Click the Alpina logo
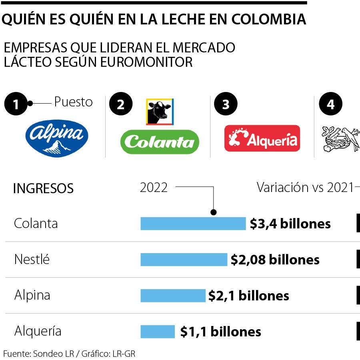pyautogui.click(x=56, y=138)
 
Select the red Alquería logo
pyautogui.click(x=262, y=138)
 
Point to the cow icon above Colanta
pyautogui.click(x=160, y=112)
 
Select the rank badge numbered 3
pyautogui.click(x=226, y=104)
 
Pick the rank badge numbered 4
pyautogui.click(x=330, y=104)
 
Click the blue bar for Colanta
pyautogui.click(x=193, y=224)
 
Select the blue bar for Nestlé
pyautogui.click(x=183, y=260)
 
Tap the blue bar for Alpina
pyautogui.click(x=172, y=296)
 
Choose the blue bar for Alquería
pyautogui.click(x=157, y=332)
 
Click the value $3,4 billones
pyautogui.click(x=290, y=224)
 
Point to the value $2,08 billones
pyautogui.click(x=275, y=260)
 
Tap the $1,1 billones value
pyautogui.click(x=220, y=332)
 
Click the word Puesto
pyautogui.click(x=73, y=102)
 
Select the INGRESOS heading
pyautogui.click(x=43, y=188)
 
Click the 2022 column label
pyautogui.click(x=154, y=187)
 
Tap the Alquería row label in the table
pyautogui.click(x=38, y=331)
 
